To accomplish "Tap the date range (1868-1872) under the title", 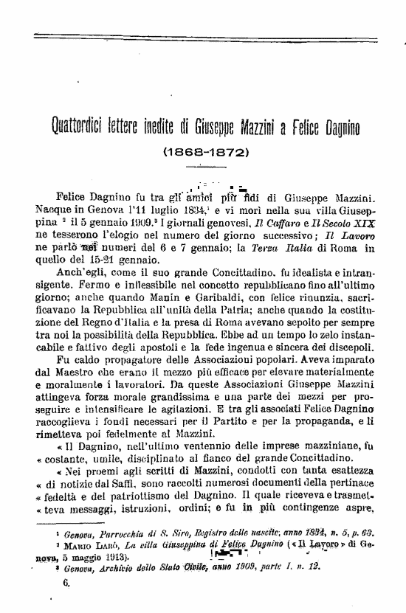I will tap(203, 154).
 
